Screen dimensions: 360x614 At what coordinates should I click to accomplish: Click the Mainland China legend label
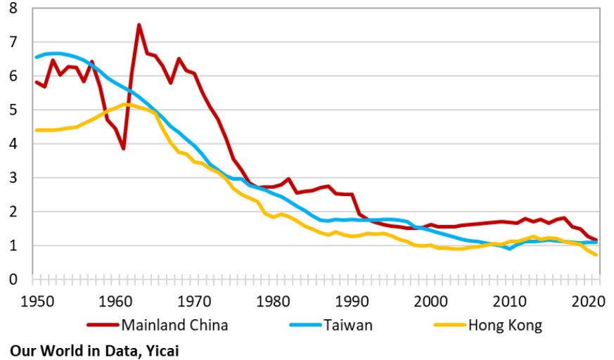174,325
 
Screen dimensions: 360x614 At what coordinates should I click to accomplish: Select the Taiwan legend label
350,325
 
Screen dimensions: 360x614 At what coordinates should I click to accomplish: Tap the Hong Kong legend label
506,325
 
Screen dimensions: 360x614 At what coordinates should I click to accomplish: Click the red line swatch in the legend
103,325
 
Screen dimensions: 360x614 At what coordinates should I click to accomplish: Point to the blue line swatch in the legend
305,325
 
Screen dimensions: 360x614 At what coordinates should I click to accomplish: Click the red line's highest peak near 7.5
139,25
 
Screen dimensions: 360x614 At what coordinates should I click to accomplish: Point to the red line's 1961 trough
123,148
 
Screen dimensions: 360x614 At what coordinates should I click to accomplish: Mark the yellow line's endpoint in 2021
596,255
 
